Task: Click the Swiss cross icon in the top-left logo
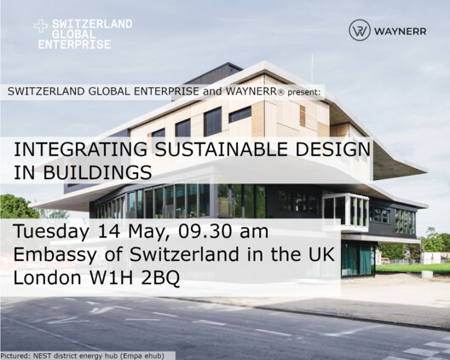pyautogui.click(x=41, y=26)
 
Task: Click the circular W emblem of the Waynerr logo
pyautogui.click(x=360, y=31)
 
